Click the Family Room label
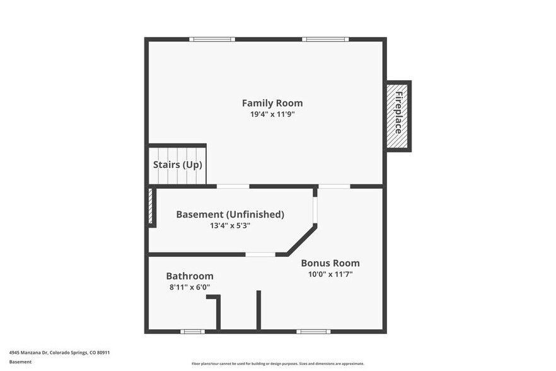click(x=272, y=103)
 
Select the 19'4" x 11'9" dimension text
click(x=272, y=114)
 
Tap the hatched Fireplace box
click(x=398, y=115)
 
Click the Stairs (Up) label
click(x=177, y=165)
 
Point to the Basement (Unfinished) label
click(x=230, y=215)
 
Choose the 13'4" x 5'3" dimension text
click(x=230, y=225)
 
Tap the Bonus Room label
click(x=330, y=263)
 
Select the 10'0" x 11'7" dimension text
click(x=330, y=274)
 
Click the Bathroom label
click(x=190, y=276)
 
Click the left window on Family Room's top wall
click(x=212, y=40)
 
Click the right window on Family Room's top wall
click(x=325, y=40)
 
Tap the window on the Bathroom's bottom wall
click(x=192, y=331)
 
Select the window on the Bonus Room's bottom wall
click(x=313, y=331)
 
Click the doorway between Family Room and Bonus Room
click(x=334, y=186)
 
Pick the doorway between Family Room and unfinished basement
click(x=233, y=186)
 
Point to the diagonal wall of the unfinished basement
click(x=302, y=240)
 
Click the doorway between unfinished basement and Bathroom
click(x=260, y=254)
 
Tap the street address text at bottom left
click(x=55, y=353)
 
